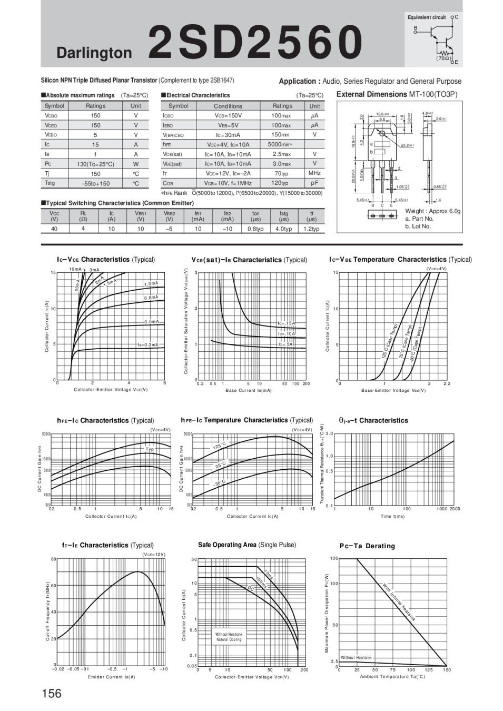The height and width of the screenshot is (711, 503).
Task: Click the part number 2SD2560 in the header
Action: [x=255, y=42]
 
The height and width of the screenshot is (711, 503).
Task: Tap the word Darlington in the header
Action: [x=94, y=53]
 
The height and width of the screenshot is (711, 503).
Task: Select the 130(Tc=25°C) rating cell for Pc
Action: [x=95, y=164]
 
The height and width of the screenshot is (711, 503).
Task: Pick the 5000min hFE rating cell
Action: [x=283, y=144]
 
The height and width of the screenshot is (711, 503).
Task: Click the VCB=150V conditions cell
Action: [x=228, y=115]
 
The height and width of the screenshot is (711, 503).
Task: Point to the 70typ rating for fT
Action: [x=282, y=173]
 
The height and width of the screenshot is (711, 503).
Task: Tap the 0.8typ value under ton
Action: [x=255, y=229]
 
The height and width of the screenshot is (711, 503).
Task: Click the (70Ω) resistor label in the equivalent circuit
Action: [x=442, y=58]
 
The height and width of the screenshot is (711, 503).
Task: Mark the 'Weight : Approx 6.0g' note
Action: [x=432, y=211]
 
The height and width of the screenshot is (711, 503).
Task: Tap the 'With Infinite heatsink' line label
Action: [x=399, y=603]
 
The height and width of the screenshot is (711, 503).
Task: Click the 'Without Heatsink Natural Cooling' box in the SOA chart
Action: [x=229, y=637]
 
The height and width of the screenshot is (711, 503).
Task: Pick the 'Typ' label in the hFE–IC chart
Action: [x=150, y=449]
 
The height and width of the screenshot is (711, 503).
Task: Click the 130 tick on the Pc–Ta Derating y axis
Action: [x=334, y=558]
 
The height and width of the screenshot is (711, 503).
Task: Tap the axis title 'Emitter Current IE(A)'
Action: [x=111, y=677]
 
